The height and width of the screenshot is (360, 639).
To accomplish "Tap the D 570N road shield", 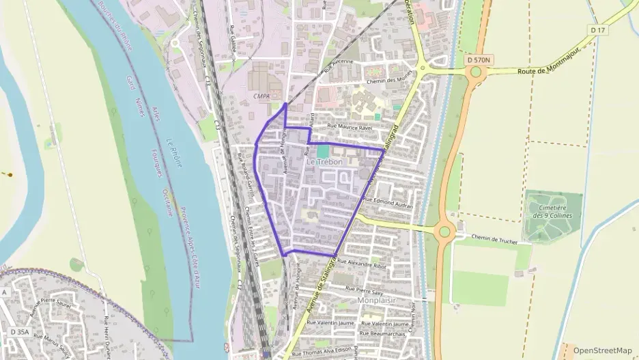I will click(x=479, y=60).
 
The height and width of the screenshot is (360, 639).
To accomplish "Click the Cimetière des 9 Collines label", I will click(x=552, y=211).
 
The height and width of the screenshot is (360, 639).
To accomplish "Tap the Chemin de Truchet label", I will click(x=494, y=240).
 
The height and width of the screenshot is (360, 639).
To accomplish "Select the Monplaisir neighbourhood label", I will click(x=376, y=299).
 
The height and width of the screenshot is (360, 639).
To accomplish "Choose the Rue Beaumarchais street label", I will click(x=385, y=333).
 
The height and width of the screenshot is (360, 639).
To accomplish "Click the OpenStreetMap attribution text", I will click(x=602, y=350).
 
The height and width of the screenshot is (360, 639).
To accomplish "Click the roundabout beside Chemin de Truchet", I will click(x=444, y=231).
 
